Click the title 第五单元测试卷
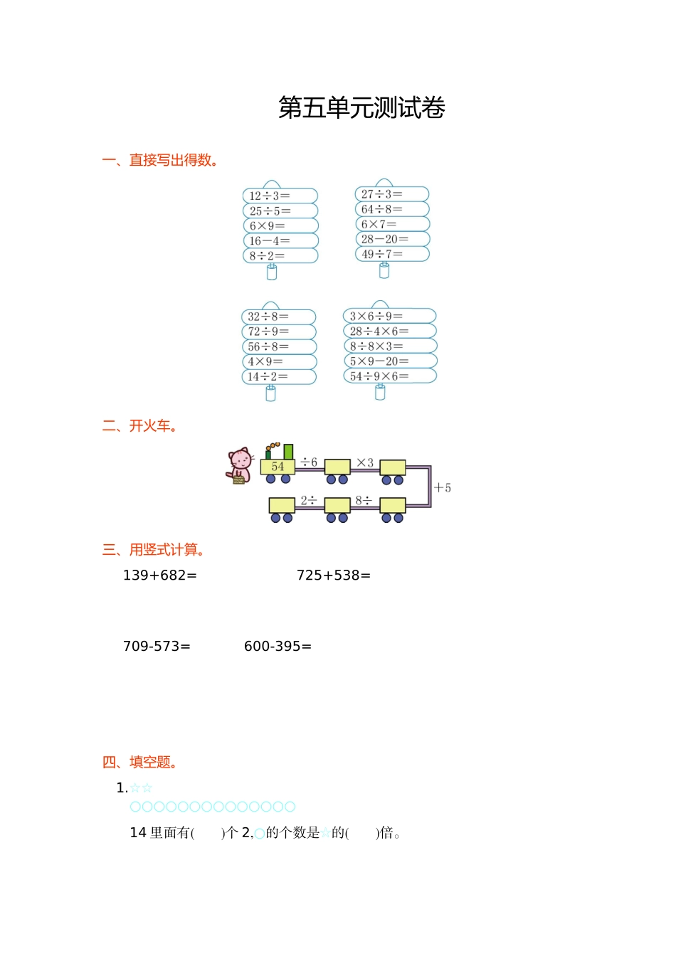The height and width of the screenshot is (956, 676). click(361, 108)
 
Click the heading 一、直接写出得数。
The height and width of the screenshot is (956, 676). click(161, 160)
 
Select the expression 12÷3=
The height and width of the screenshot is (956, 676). click(270, 196)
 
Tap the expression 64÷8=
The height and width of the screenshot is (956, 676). click(381, 209)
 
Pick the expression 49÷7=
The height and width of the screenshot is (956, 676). click(381, 254)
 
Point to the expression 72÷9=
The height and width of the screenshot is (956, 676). click(268, 331)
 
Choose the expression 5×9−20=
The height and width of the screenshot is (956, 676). click(379, 361)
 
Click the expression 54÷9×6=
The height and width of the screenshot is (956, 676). click(379, 376)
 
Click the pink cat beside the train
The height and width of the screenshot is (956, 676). click(241, 466)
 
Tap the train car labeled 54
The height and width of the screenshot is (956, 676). click(278, 467)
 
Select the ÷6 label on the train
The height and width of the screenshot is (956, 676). click(309, 462)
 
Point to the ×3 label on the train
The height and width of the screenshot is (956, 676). click(365, 462)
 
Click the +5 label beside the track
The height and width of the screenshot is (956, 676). click(443, 488)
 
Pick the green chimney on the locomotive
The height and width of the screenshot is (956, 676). click(288, 452)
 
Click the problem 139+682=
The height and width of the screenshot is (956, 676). click(159, 575)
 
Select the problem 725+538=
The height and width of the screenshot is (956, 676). click(333, 575)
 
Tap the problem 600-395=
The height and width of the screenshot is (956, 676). click(278, 647)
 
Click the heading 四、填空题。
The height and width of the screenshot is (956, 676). click(140, 763)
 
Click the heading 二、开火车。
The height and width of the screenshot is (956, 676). click(140, 426)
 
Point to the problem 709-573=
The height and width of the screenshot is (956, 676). click(157, 647)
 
